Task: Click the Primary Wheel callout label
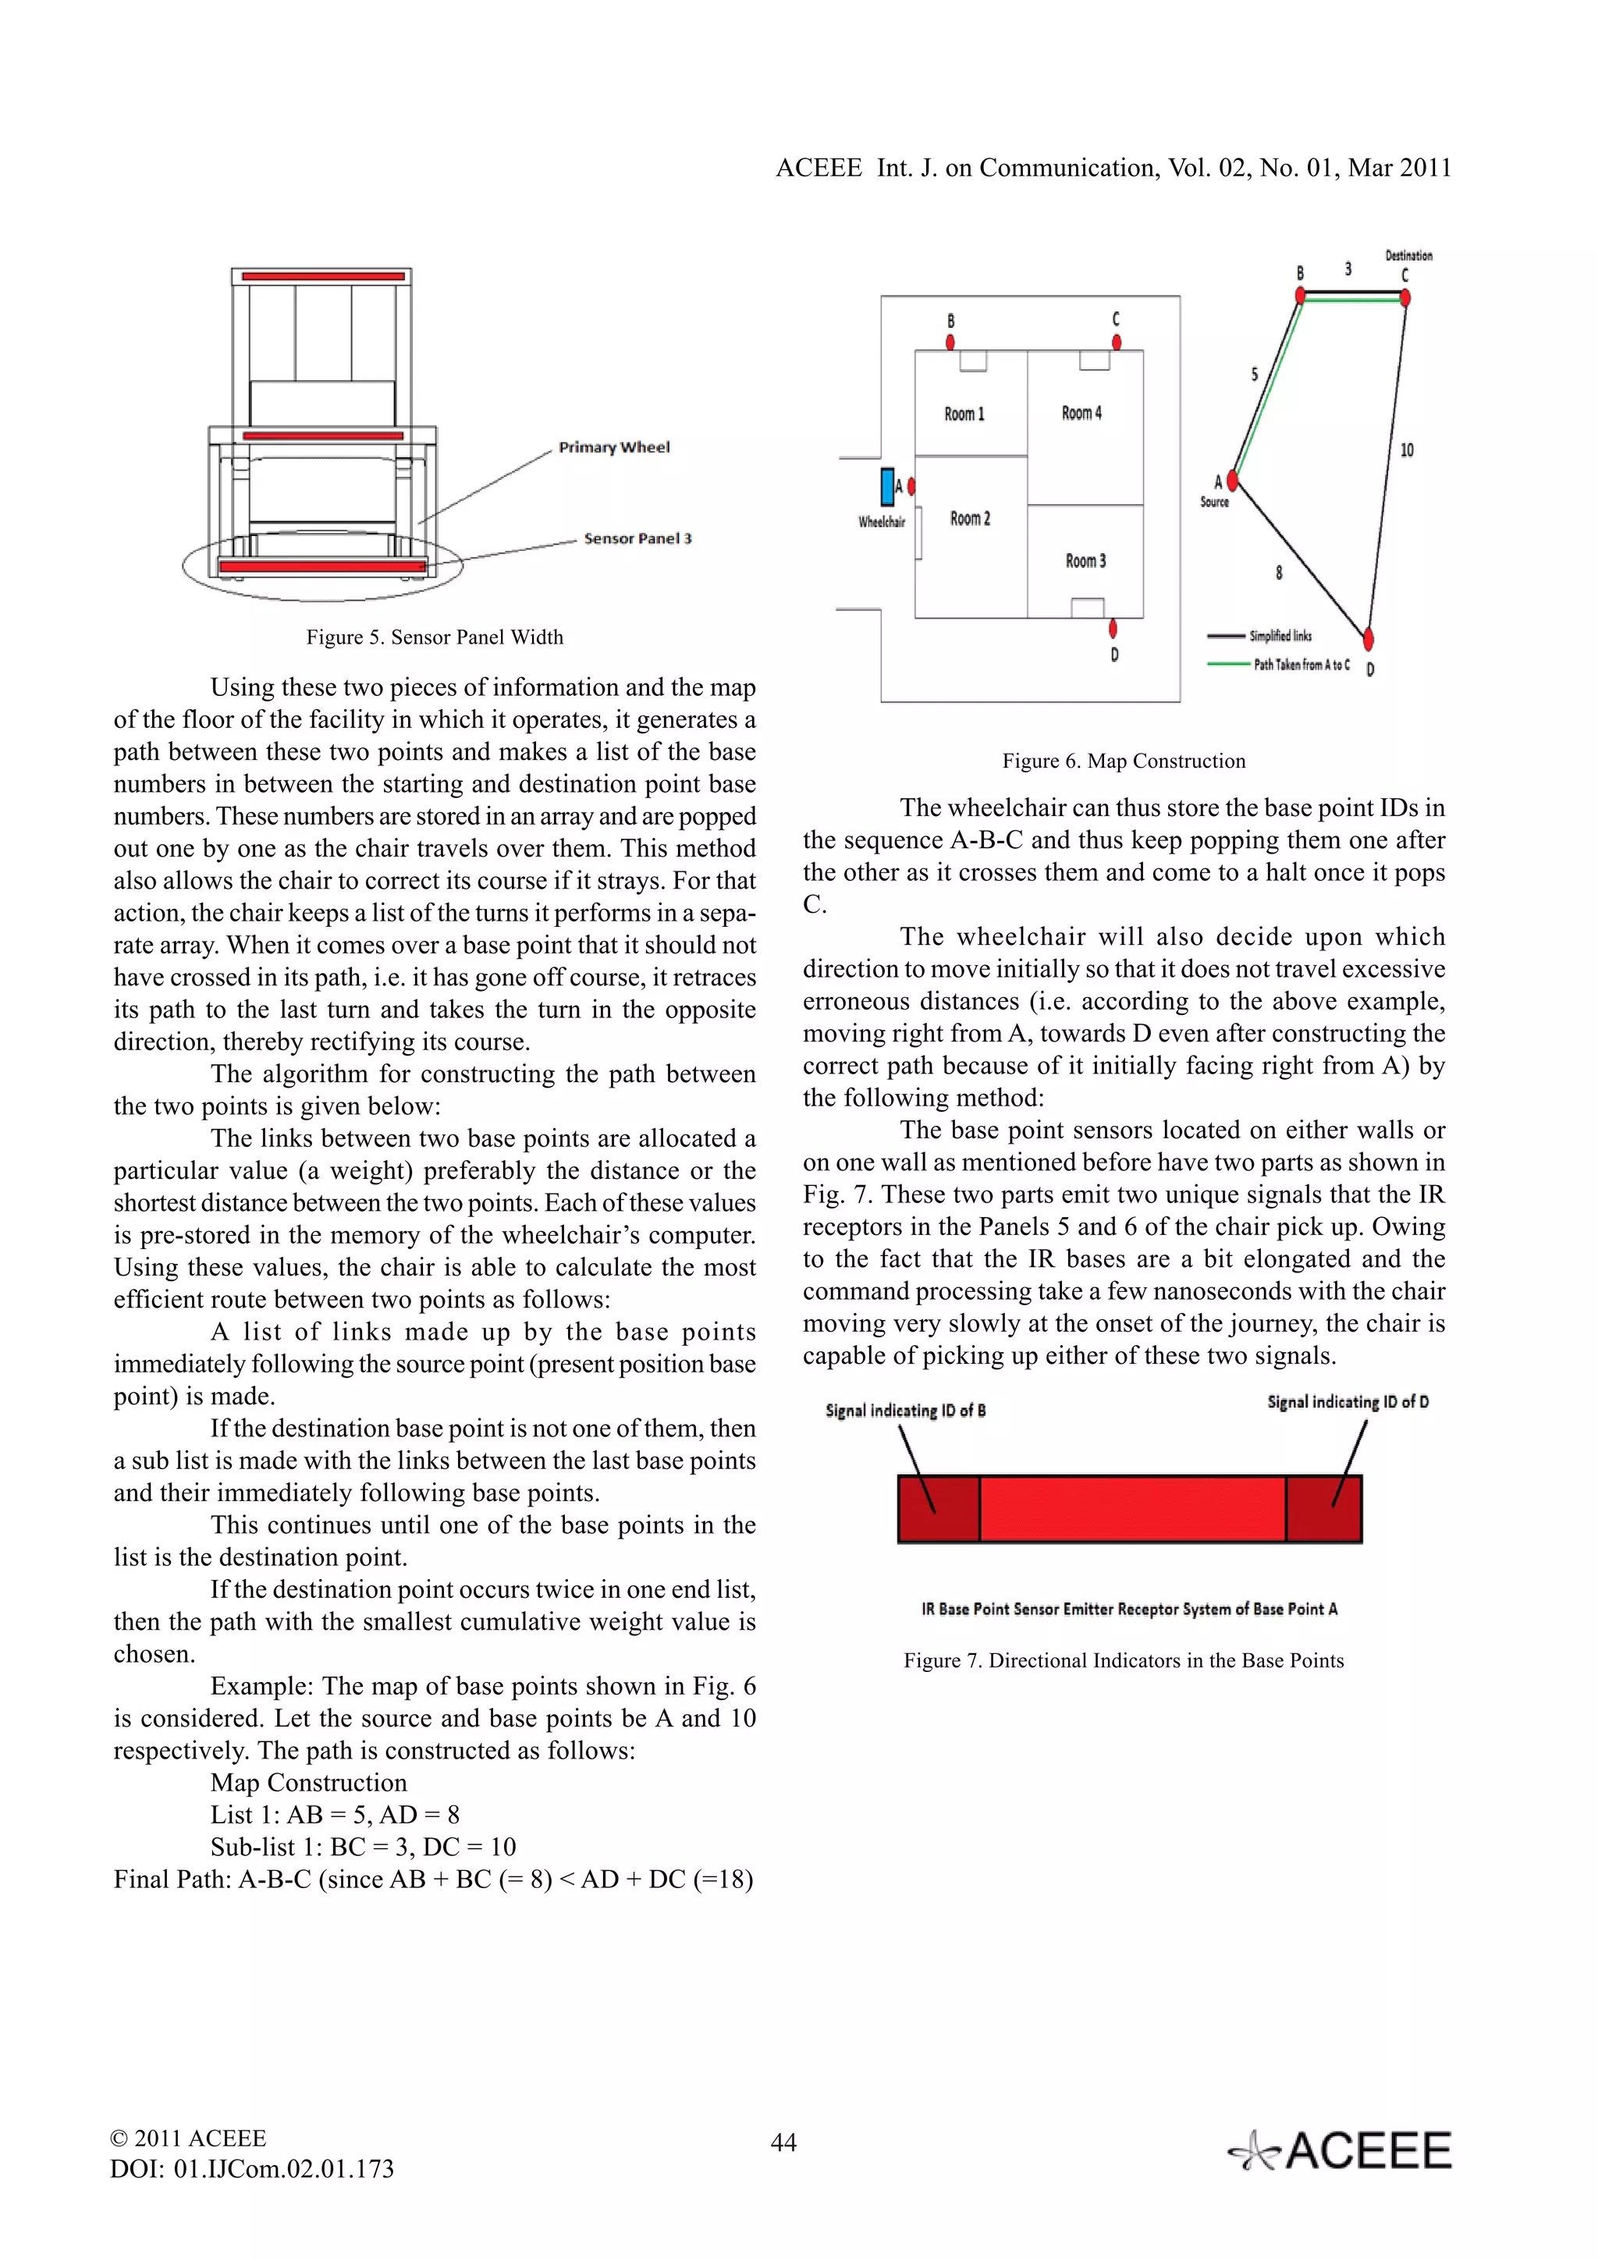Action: (x=613, y=447)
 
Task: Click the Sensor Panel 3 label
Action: (x=637, y=538)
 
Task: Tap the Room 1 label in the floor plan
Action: (x=964, y=414)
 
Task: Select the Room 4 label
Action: (x=1081, y=414)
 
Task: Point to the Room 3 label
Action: (x=1085, y=561)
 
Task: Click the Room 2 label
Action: (x=970, y=519)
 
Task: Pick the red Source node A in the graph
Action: (x=1232, y=481)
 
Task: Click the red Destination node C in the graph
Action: (x=1405, y=296)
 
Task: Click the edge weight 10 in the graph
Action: (x=1407, y=450)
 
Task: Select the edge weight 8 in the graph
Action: (x=1279, y=572)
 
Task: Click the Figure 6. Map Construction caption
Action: (x=1124, y=761)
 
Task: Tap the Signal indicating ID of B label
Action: (x=905, y=1410)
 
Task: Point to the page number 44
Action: (x=783, y=2142)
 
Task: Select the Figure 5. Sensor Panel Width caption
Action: (x=434, y=637)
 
